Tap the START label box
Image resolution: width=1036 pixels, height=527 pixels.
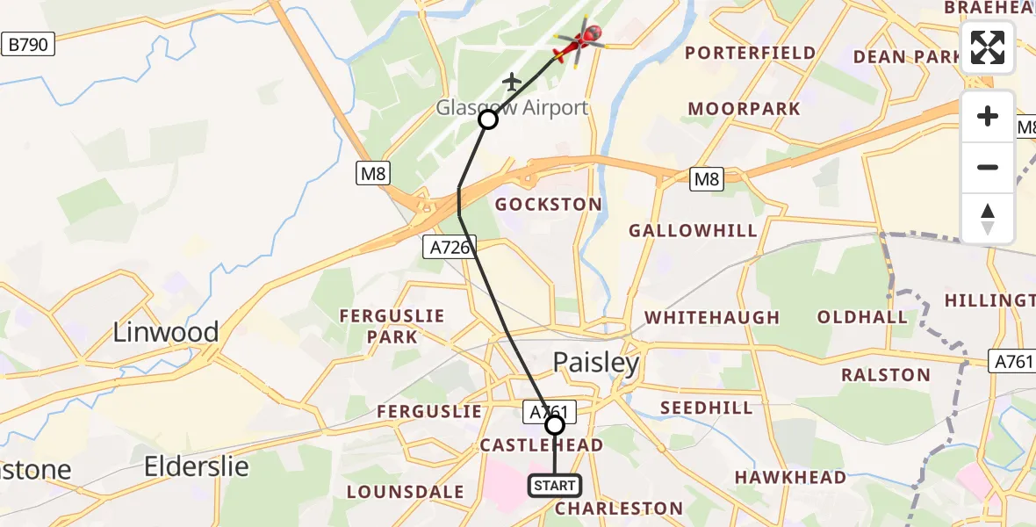(555, 486)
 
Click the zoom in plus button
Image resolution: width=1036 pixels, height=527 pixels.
(988, 117)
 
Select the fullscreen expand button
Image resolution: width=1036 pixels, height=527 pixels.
(988, 47)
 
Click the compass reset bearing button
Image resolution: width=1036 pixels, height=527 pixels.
(988, 219)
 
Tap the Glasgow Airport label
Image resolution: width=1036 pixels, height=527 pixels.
(513, 108)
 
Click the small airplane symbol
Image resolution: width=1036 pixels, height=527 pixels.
(512, 82)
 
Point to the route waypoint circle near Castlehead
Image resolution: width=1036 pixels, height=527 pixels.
(555, 425)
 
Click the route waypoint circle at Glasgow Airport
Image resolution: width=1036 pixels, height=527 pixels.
(487, 119)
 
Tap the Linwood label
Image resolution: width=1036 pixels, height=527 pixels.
(166, 332)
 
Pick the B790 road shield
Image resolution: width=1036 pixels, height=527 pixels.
(27, 44)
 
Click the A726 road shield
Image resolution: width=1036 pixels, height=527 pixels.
(450, 249)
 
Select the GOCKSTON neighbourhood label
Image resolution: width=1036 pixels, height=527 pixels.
(549, 205)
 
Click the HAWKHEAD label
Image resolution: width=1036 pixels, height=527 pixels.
(790, 478)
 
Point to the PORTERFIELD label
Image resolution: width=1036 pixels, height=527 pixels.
(751, 53)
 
